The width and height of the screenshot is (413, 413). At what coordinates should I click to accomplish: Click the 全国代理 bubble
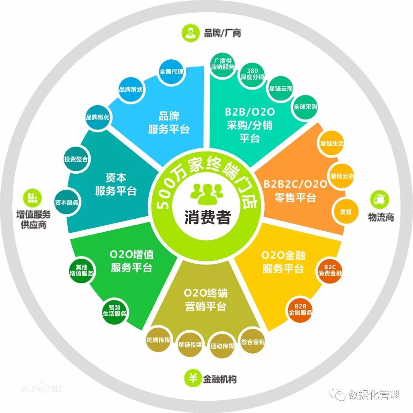(x=171, y=72)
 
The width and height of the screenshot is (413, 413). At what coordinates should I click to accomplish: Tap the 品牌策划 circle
(x=131, y=90)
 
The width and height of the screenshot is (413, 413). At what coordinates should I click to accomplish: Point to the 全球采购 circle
(x=305, y=107)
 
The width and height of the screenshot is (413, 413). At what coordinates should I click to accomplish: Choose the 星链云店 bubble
(x=342, y=176)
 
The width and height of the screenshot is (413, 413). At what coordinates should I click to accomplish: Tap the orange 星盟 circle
(x=346, y=212)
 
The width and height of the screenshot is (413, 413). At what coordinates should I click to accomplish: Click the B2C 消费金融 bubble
(x=330, y=270)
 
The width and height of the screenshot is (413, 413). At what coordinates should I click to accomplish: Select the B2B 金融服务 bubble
(x=300, y=309)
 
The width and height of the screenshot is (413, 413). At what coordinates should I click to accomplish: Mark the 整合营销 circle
(x=253, y=342)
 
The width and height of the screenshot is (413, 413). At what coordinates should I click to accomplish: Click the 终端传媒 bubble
(x=158, y=340)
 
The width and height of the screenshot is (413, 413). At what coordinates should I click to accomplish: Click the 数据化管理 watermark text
(x=373, y=395)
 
